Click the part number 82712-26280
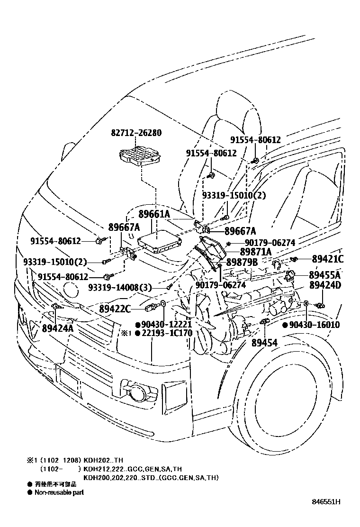137,133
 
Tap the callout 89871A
255,252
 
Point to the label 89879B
242,262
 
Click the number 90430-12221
167,325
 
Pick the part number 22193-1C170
167,333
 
